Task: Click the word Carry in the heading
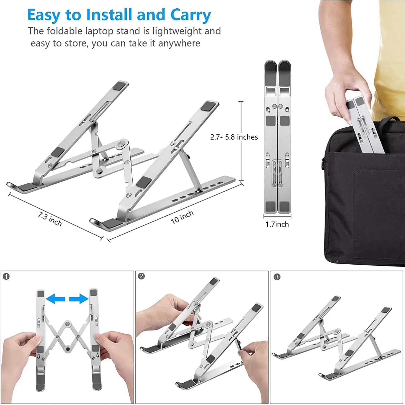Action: pos(190,15)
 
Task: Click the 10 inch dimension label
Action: pos(182,217)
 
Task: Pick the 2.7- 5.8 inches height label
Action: pos(234,137)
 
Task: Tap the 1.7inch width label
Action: pos(277,224)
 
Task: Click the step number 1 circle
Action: pos(6,276)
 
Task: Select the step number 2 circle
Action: pos(141,276)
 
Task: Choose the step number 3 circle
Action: pos(277,277)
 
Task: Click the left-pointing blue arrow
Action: pos(56,299)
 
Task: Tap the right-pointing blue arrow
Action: pos(79,299)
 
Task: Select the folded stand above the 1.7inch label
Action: pos(277,136)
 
